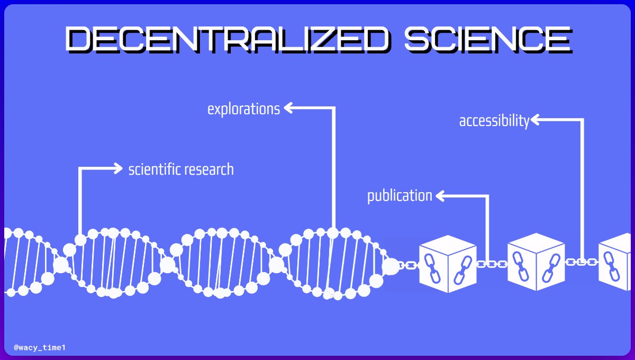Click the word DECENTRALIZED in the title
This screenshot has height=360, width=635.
[x=227, y=40]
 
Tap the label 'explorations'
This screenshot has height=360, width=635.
[x=243, y=109]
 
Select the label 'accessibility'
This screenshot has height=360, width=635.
[x=494, y=121]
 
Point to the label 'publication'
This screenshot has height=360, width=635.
[x=400, y=196]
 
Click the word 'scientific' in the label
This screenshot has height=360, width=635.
[x=155, y=170]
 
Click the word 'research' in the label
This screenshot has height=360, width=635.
[x=209, y=170]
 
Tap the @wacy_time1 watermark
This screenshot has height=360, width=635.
[x=40, y=348]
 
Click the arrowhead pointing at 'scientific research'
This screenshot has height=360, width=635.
[x=118, y=168]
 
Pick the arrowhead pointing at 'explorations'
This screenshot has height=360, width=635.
[x=288, y=108]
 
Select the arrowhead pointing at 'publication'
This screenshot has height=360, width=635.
[x=440, y=196]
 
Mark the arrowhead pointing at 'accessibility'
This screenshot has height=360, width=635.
[x=534, y=120]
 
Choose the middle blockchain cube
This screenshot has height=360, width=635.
[x=535, y=263]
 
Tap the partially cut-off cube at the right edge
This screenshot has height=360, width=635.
[x=616, y=263]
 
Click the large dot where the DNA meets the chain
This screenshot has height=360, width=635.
[x=391, y=266]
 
